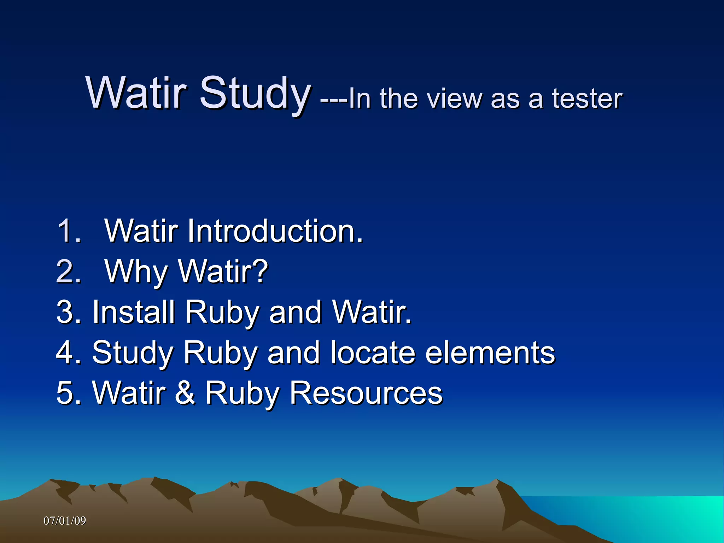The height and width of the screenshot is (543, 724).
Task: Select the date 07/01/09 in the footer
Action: pos(65,521)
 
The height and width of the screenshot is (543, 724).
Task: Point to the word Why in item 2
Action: pos(136,271)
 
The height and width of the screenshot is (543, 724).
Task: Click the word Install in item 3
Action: pos(134,311)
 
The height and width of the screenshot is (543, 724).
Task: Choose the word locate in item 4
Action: pos(373,352)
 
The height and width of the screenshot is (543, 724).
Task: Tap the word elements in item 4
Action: pos(490,352)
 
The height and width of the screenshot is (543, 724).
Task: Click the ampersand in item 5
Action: pos(185,392)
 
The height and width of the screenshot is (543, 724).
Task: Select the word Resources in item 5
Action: pos(366,392)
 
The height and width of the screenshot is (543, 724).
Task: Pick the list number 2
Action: pos(69,271)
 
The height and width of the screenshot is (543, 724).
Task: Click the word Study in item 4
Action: pos(133,352)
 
